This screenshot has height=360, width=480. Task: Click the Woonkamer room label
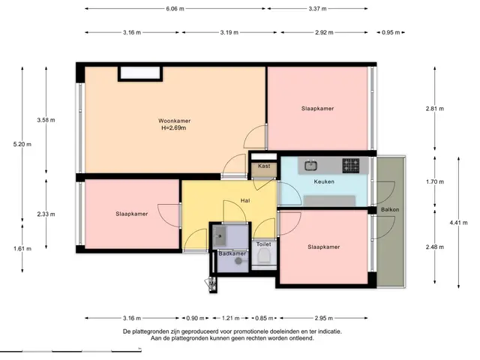[174, 121]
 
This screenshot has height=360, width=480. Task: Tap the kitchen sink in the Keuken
[310, 166]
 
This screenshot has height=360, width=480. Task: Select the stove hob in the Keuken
[351, 166]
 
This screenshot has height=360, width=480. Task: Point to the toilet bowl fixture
[263, 256]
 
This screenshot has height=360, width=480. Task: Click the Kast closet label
[264, 166]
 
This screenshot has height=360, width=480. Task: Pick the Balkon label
[390, 210]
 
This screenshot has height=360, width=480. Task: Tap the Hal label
[245, 200]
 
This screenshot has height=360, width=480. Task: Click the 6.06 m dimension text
[175, 8]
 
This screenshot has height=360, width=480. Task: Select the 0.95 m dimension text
[391, 32]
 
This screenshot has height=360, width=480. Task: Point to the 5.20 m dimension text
[22, 144]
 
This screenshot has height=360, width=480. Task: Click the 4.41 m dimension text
[458, 223]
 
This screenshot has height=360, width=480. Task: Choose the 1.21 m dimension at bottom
[230, 318]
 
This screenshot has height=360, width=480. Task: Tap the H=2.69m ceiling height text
[173, 128]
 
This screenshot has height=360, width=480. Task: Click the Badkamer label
[232, 253]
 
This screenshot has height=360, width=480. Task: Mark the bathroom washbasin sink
[220, 235]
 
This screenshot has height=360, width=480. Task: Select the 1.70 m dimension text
[435, 181]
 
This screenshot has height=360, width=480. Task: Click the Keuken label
[324, 181]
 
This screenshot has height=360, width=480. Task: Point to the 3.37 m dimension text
[317, 8]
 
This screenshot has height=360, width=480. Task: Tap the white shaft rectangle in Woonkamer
[140, 73]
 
